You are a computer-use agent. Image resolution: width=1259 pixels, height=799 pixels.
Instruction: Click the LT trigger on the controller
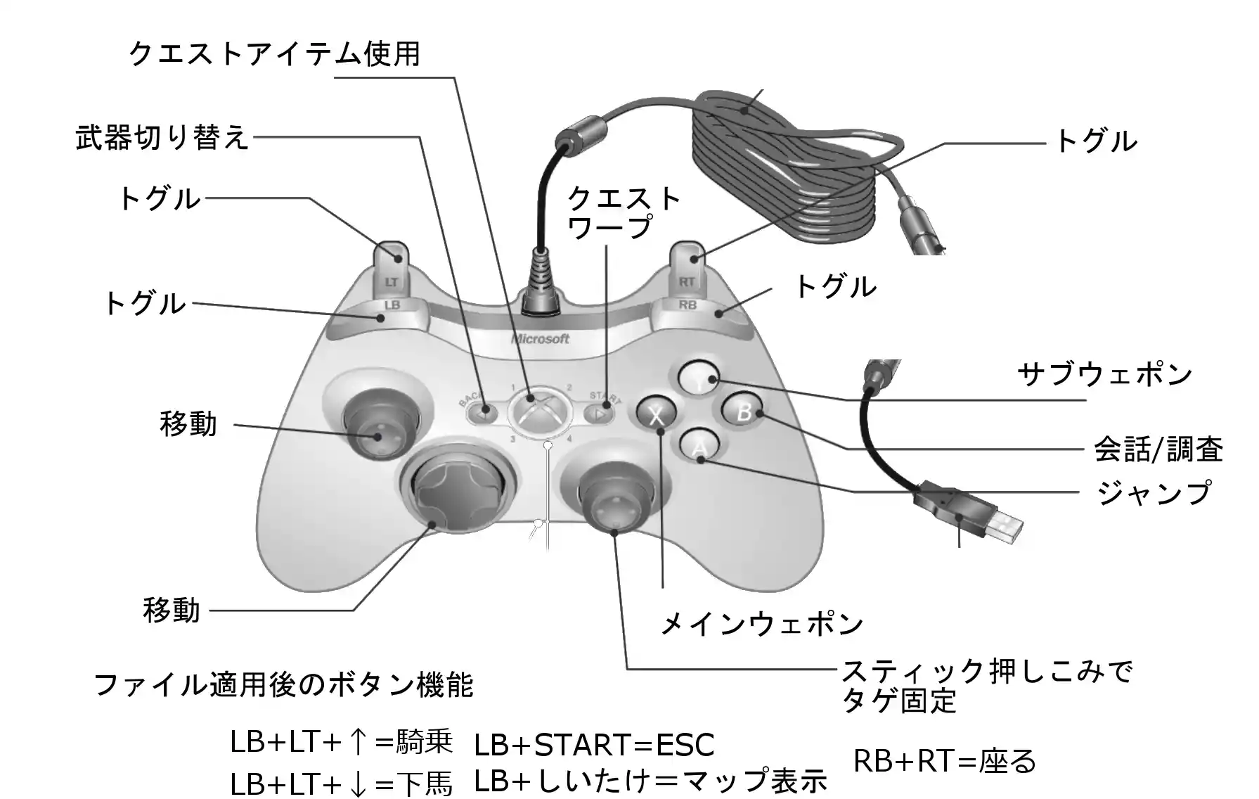393,271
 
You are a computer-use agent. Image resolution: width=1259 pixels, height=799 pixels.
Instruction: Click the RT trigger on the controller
687,271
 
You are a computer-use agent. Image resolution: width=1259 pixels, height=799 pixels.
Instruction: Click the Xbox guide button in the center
540,413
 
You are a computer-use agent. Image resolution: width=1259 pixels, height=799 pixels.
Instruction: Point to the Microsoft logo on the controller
540,339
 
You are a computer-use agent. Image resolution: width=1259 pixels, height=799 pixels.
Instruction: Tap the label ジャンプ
1154,492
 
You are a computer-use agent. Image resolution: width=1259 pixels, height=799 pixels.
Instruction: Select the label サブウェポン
1104,375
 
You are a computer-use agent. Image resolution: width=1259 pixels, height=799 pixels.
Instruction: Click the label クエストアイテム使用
275,53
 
